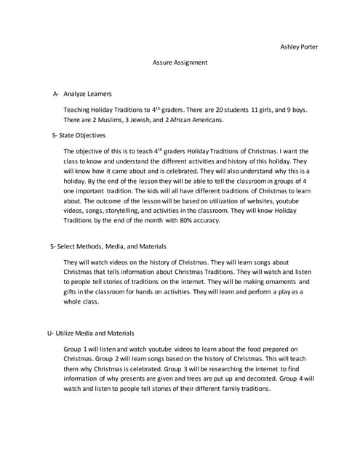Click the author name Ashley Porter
tap(299, 47)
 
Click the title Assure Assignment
tap(180, 62)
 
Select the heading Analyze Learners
tap(87, 94)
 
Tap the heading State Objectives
tap(81, 135)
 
